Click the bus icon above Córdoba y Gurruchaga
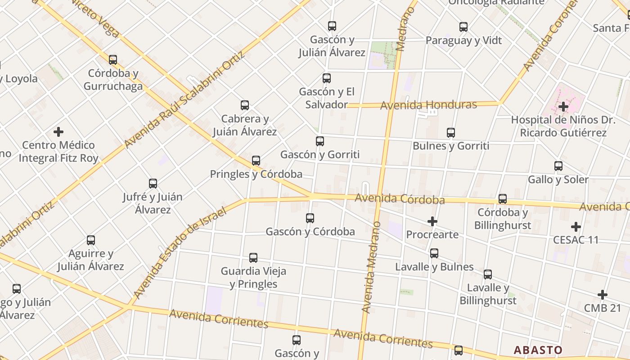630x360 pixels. tap(113, 59)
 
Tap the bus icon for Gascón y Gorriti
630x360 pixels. tap(320, 141)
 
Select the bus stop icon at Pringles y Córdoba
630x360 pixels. tap(256, 161)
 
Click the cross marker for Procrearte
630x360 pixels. tap(432, 221)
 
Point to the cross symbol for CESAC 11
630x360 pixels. tap(576, 226)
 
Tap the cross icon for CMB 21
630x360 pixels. tap(603, 295)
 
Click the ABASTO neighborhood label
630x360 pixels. tap(538, 350)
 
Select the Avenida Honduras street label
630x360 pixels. tap(428, 105)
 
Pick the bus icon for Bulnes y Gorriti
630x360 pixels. tap(451, 133)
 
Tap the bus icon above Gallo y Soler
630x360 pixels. tap(558, 166)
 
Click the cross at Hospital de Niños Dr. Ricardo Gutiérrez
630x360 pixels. tap(563, 107)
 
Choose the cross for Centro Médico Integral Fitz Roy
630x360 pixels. tap(58, 132)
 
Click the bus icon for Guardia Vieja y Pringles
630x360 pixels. tap(253, 258)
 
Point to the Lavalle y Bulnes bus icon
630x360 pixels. tap(434, 253)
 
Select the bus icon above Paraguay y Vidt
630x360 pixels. tap(463, 27)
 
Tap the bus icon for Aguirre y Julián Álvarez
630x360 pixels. tap(91, 240)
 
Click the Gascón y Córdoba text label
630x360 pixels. tap(310, 232)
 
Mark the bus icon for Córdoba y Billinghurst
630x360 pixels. tap(503, 199)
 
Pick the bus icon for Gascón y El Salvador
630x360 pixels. tap(327, 78)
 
